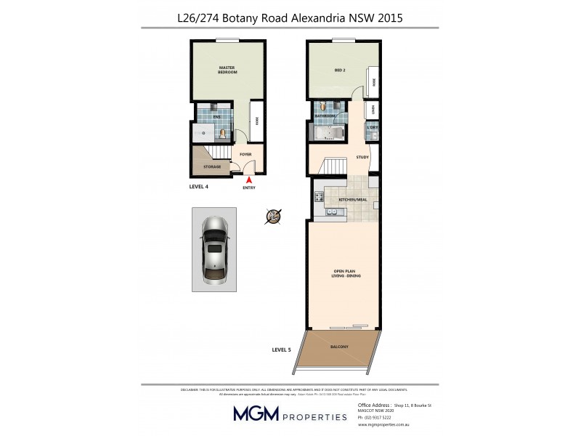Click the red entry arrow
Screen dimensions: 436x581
pos(249,179)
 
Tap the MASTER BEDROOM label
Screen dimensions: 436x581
pos(228,70)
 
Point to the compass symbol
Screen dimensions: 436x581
pos(274,216)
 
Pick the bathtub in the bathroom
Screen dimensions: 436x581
pos(329,133)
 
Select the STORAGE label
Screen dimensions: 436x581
pos(212,166)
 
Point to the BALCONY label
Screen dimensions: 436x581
pos(340,347)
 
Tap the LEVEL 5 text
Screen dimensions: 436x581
pos(281,350)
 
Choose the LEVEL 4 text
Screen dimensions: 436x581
pos(199,187)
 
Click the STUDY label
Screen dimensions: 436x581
pos(362,157)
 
